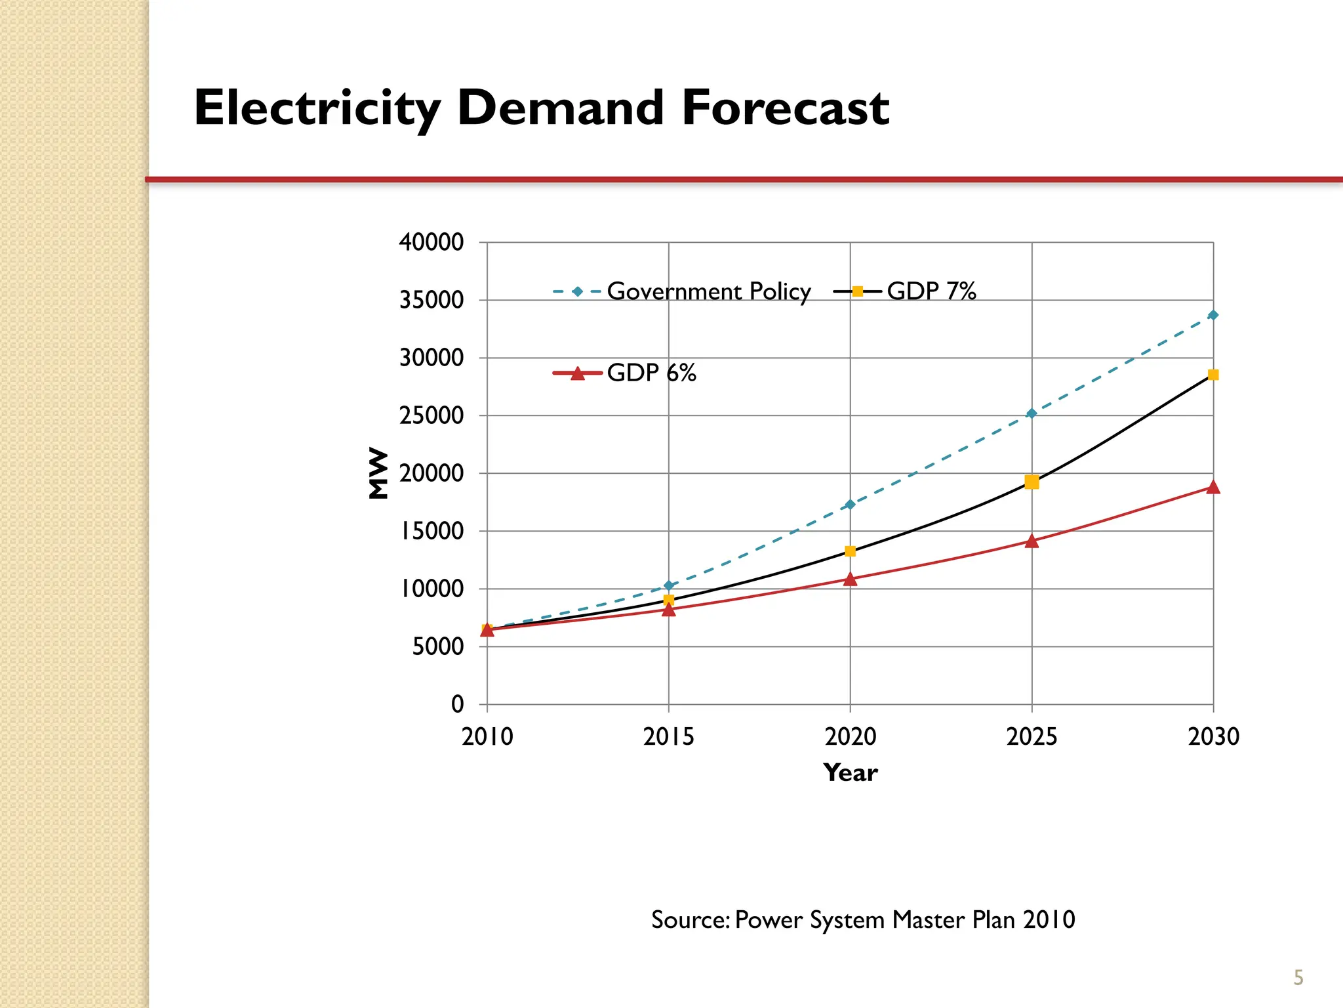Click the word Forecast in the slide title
(785, 108)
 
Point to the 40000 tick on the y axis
(431, 242)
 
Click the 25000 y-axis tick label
(431, 415)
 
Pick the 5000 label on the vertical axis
(437, 647)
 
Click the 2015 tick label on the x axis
(668, 737)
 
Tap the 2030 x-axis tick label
(1213, 737)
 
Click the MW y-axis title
(378, 473)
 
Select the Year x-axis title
(850, 773)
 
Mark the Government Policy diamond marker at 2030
(1213, 315)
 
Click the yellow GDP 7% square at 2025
(1032, 482)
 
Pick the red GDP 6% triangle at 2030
(1213, 487)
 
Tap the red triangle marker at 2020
(850, 579)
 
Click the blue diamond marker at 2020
(850, 505)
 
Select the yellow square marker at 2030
(1213, 375)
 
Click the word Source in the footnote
(689, 920)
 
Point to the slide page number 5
(1298, 978)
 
